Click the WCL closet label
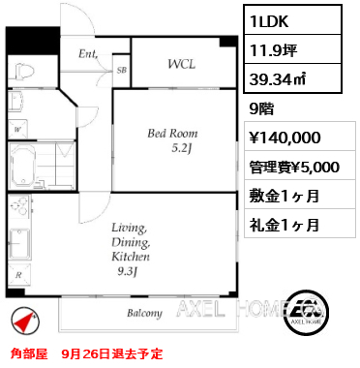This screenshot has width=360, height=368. pyautogui.click(x=182, y=64)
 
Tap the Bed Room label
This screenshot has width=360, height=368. pyautogui.click(x=172, y=134)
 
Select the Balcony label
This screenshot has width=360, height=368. pyautogui.click(x=144, y=313)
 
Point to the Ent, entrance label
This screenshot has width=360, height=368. pyautogui.click(x=88, y=53)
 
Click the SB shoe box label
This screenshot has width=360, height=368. pyautogui.click(x=121, y=70)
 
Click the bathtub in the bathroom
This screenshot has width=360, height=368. pyautogui.click(x=23, y=166)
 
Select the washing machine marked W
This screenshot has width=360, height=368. pyautogui.click(x=17, y=130)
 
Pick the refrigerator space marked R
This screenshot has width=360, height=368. pyautogui.click(x=19, y=275)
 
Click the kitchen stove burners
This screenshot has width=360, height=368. pyautogui.click(x=18, y=206)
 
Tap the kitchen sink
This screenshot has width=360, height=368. pyautogui.click(x=19, y=243)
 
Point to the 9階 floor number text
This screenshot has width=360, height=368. pyautogui.click(x=261, y=109)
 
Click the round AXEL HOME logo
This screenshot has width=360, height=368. pyautogui.click(x=306, y=311)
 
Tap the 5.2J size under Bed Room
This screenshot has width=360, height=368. pyautogui.click(x=182, y=148)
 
